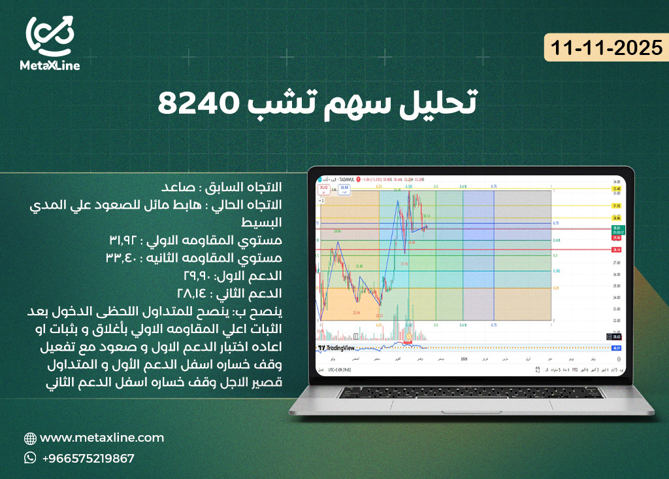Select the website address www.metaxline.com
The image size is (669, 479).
pyautogui.click(x=102, y=438)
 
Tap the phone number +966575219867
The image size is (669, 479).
pyautogui.click(x=88, y=459)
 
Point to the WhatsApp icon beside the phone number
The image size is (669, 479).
pyautogui.click(x=30, y=458)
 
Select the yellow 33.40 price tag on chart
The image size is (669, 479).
pyautogui.click(x=616, y=188)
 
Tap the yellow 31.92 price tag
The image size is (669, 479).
pyautogui.click(x=616, y=205)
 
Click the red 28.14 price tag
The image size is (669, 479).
pyautogui.click(x=616, y=250)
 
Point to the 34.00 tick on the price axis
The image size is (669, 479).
pyautogui.click(x=616, y=181)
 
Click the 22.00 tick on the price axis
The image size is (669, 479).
pyautogui.click(x=616, y=321)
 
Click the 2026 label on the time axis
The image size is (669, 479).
pyautogui.click(x=465, y=359)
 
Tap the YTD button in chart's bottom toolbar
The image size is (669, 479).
pyautogui.click(x=576, y=370)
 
